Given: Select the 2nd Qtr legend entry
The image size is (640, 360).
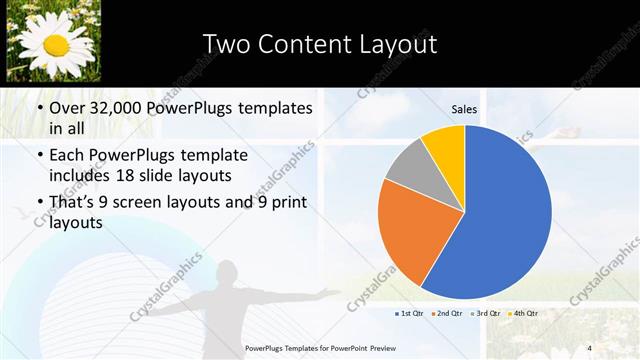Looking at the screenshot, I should pyautogui.click(x=446, y=314).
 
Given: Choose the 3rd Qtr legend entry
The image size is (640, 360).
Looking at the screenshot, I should pyautogui.click(x=484, y=314).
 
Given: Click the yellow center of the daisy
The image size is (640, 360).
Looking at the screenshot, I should pyautogui.click(x=56, y=44).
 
